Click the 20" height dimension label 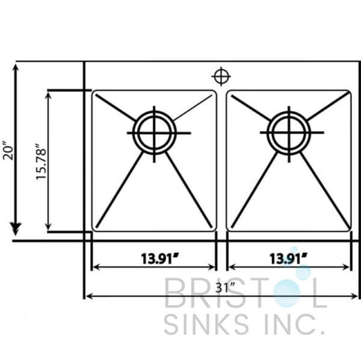[8, 151]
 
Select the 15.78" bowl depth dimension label [40, 162]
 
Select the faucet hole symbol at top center [221, 76]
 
